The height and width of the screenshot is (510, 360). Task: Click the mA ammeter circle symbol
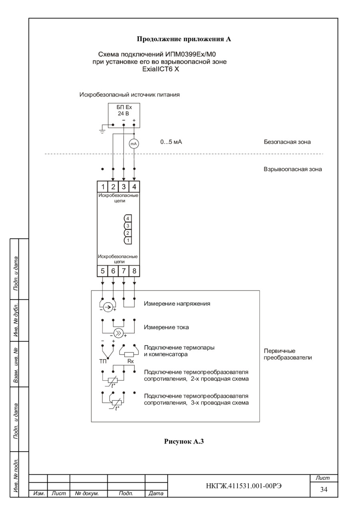click(x=134, y=144)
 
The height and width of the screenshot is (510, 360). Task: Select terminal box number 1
click(x=103, y=187)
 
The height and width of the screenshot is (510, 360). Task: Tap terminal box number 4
click(x=134, y=187)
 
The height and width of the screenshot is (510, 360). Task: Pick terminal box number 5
click(x=103, y=271)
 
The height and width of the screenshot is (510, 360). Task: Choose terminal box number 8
click(x=134, y=271)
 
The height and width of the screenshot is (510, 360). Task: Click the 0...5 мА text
click(x=171, y=142)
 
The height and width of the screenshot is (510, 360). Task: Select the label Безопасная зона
click(x=287, y=142)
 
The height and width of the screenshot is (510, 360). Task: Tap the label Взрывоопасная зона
click(x=293, y=169)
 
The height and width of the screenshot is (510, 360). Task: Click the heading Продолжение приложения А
click(x=184, y=39)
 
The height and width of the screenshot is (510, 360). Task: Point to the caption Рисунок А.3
click(x=184, y=442)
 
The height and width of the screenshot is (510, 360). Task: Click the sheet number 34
click(x=324, y=489)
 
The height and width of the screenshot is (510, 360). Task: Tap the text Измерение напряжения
click(x=177, y=304)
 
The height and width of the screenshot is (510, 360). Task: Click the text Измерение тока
click(x=166, y=327)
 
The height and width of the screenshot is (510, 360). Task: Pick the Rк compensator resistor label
click(x=130, y=361)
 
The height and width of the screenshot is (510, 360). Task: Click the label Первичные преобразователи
click(x=288, y=354)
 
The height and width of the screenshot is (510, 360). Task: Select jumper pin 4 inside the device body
click(x=128, y=219)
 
